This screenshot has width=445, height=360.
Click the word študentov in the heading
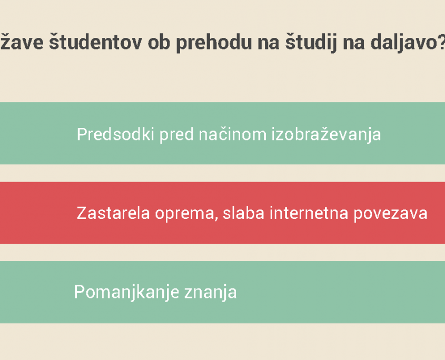click(95, 42)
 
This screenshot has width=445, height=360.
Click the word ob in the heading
click(159, 42)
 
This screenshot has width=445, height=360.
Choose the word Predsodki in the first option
click(115, 134)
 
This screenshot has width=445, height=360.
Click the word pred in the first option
click(176, 135)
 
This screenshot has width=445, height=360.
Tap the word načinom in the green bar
click(232, 134)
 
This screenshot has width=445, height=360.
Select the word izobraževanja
click(327, 135)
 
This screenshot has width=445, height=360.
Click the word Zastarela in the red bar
click(113, 213)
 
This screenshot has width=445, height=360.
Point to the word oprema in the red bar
click(184, 214)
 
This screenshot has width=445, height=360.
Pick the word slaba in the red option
click(243, 213)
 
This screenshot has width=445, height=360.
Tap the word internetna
click(309, 213)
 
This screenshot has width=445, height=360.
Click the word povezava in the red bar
click(390, 214)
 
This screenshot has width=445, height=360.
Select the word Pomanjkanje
click(126, 293)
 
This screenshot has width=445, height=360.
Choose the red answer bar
click(222, 213)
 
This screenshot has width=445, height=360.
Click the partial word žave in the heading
click(22, 42)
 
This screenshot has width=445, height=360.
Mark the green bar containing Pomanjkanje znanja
click(222, 292)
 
